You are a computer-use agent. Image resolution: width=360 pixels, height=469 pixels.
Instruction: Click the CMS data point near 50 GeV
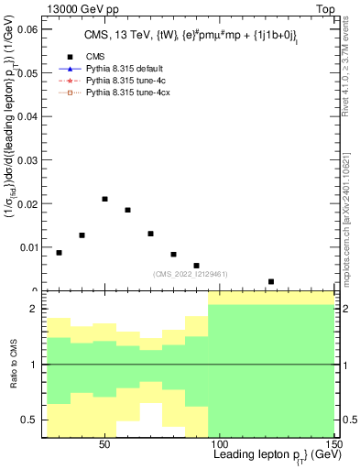pyautogui.click(x=105, y=199)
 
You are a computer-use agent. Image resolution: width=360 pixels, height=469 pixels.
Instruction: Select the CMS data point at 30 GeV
pyautogui.click(x=60, y=253)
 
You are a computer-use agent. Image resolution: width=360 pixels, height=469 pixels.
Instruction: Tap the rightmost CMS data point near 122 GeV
pyautogui.click(x=271, y=281)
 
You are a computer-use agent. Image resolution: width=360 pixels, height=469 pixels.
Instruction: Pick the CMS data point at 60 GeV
pyautogui.click(x=128, y=210)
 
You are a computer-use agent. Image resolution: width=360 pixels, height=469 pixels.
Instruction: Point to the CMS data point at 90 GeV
pyautogui.click(x=197, y=266)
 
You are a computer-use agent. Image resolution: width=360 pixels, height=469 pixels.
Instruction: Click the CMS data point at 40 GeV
pyautogui.click(x=82, y=235)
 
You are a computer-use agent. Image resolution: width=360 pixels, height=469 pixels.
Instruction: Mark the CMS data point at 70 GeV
pyautogui.click(x=151, y=234)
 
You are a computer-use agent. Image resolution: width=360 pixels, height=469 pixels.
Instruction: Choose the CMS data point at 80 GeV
pyautogui.click(x=174, y=254)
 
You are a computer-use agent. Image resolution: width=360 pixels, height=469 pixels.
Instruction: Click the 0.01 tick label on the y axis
pyautogui.click(x=29, y=247)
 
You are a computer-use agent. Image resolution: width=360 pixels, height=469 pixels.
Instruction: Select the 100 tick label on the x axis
pyautogui.click(x=220, y=443)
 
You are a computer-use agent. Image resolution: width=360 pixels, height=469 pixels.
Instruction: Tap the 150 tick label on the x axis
pyautogui.click(x=334, y=443)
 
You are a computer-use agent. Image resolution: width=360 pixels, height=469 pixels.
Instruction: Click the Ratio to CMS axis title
pyautogui.click(x=14, y=365)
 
